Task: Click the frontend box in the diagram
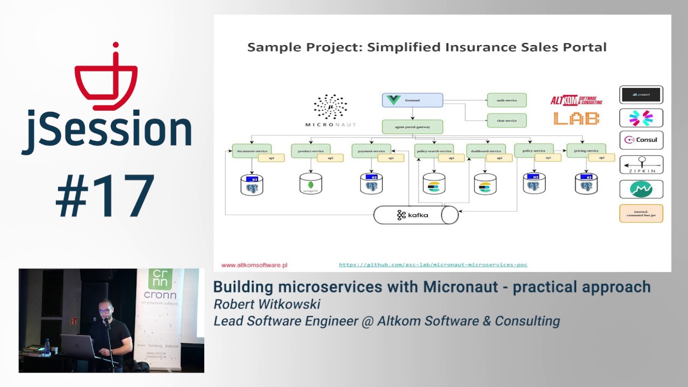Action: tap(412, 100)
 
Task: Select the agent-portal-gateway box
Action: tap(412, 127)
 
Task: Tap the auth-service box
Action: tap(506, 100)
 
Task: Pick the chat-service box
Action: tap(506, 120)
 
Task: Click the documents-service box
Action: tap(252, 150)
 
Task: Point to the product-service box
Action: tap(310, 150)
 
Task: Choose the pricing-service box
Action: tap(586, 150)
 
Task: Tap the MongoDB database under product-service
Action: tap(311, 184)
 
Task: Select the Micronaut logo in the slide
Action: tap(330, 111)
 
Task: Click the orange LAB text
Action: tap(576, 118)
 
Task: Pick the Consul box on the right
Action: tap(641, 140)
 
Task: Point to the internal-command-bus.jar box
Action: tap(641, 213)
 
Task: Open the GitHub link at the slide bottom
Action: tap(433, 264)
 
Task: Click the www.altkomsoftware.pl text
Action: tap(254, 265)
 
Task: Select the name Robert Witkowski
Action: tap(267, 304)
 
